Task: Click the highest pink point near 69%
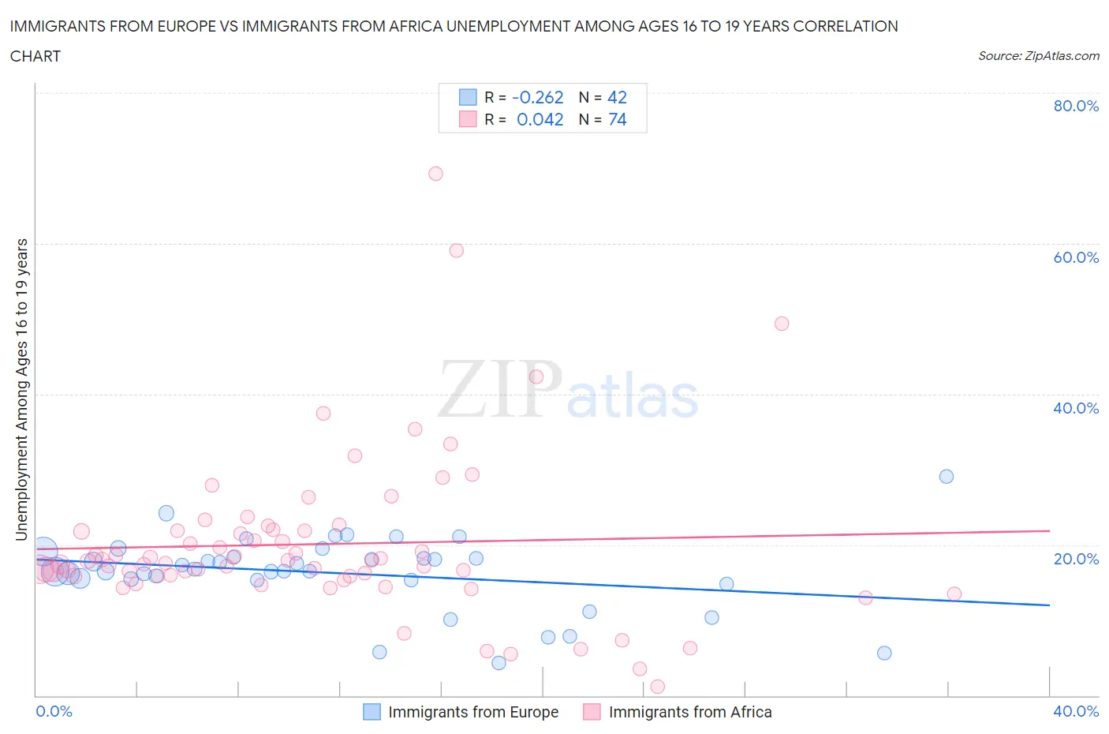coord(435,174)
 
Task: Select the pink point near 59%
coord(456,251)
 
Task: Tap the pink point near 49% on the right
coord(782,324)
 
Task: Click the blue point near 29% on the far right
coord(947,477)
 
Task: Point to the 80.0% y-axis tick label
coord(1076,106)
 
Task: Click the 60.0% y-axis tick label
coord(1076,257)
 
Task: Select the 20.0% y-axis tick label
coord(1076,559)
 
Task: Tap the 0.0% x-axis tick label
coord(54,711)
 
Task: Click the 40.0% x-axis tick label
coord(1076,711)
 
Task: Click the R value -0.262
coord(538,97)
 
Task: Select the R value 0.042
coord(540,119)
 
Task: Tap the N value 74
coord(618,119)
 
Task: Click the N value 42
coord(617,97)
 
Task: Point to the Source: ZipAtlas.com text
coord(1039,55)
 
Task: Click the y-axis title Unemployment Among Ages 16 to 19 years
coord(22,389)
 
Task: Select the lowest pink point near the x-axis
coord(657,687)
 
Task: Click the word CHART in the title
coord(35,56)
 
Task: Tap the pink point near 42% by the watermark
coord(536,377)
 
